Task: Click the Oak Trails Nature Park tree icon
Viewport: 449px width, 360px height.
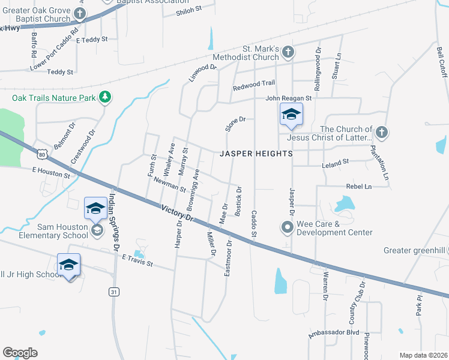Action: (x=105, y=97)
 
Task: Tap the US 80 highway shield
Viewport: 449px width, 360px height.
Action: (x=41, y=154)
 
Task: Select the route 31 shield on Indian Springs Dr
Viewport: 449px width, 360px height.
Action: (x=113, y=292)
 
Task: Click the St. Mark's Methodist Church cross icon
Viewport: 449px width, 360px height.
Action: (x=288, y=52)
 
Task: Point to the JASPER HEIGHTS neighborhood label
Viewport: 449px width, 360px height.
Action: (x=256, y=154)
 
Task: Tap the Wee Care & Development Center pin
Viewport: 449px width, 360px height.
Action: (x=287, y=227)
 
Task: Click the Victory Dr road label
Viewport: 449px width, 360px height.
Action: (x=179, y=214)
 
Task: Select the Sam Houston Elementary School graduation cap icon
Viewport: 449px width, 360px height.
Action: (x=96, y=230)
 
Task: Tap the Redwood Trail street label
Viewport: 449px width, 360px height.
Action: (x=254, y=83)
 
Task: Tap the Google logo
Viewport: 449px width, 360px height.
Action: (x=20, y=352)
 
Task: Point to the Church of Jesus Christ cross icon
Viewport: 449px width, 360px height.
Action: (x=381, y=133)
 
